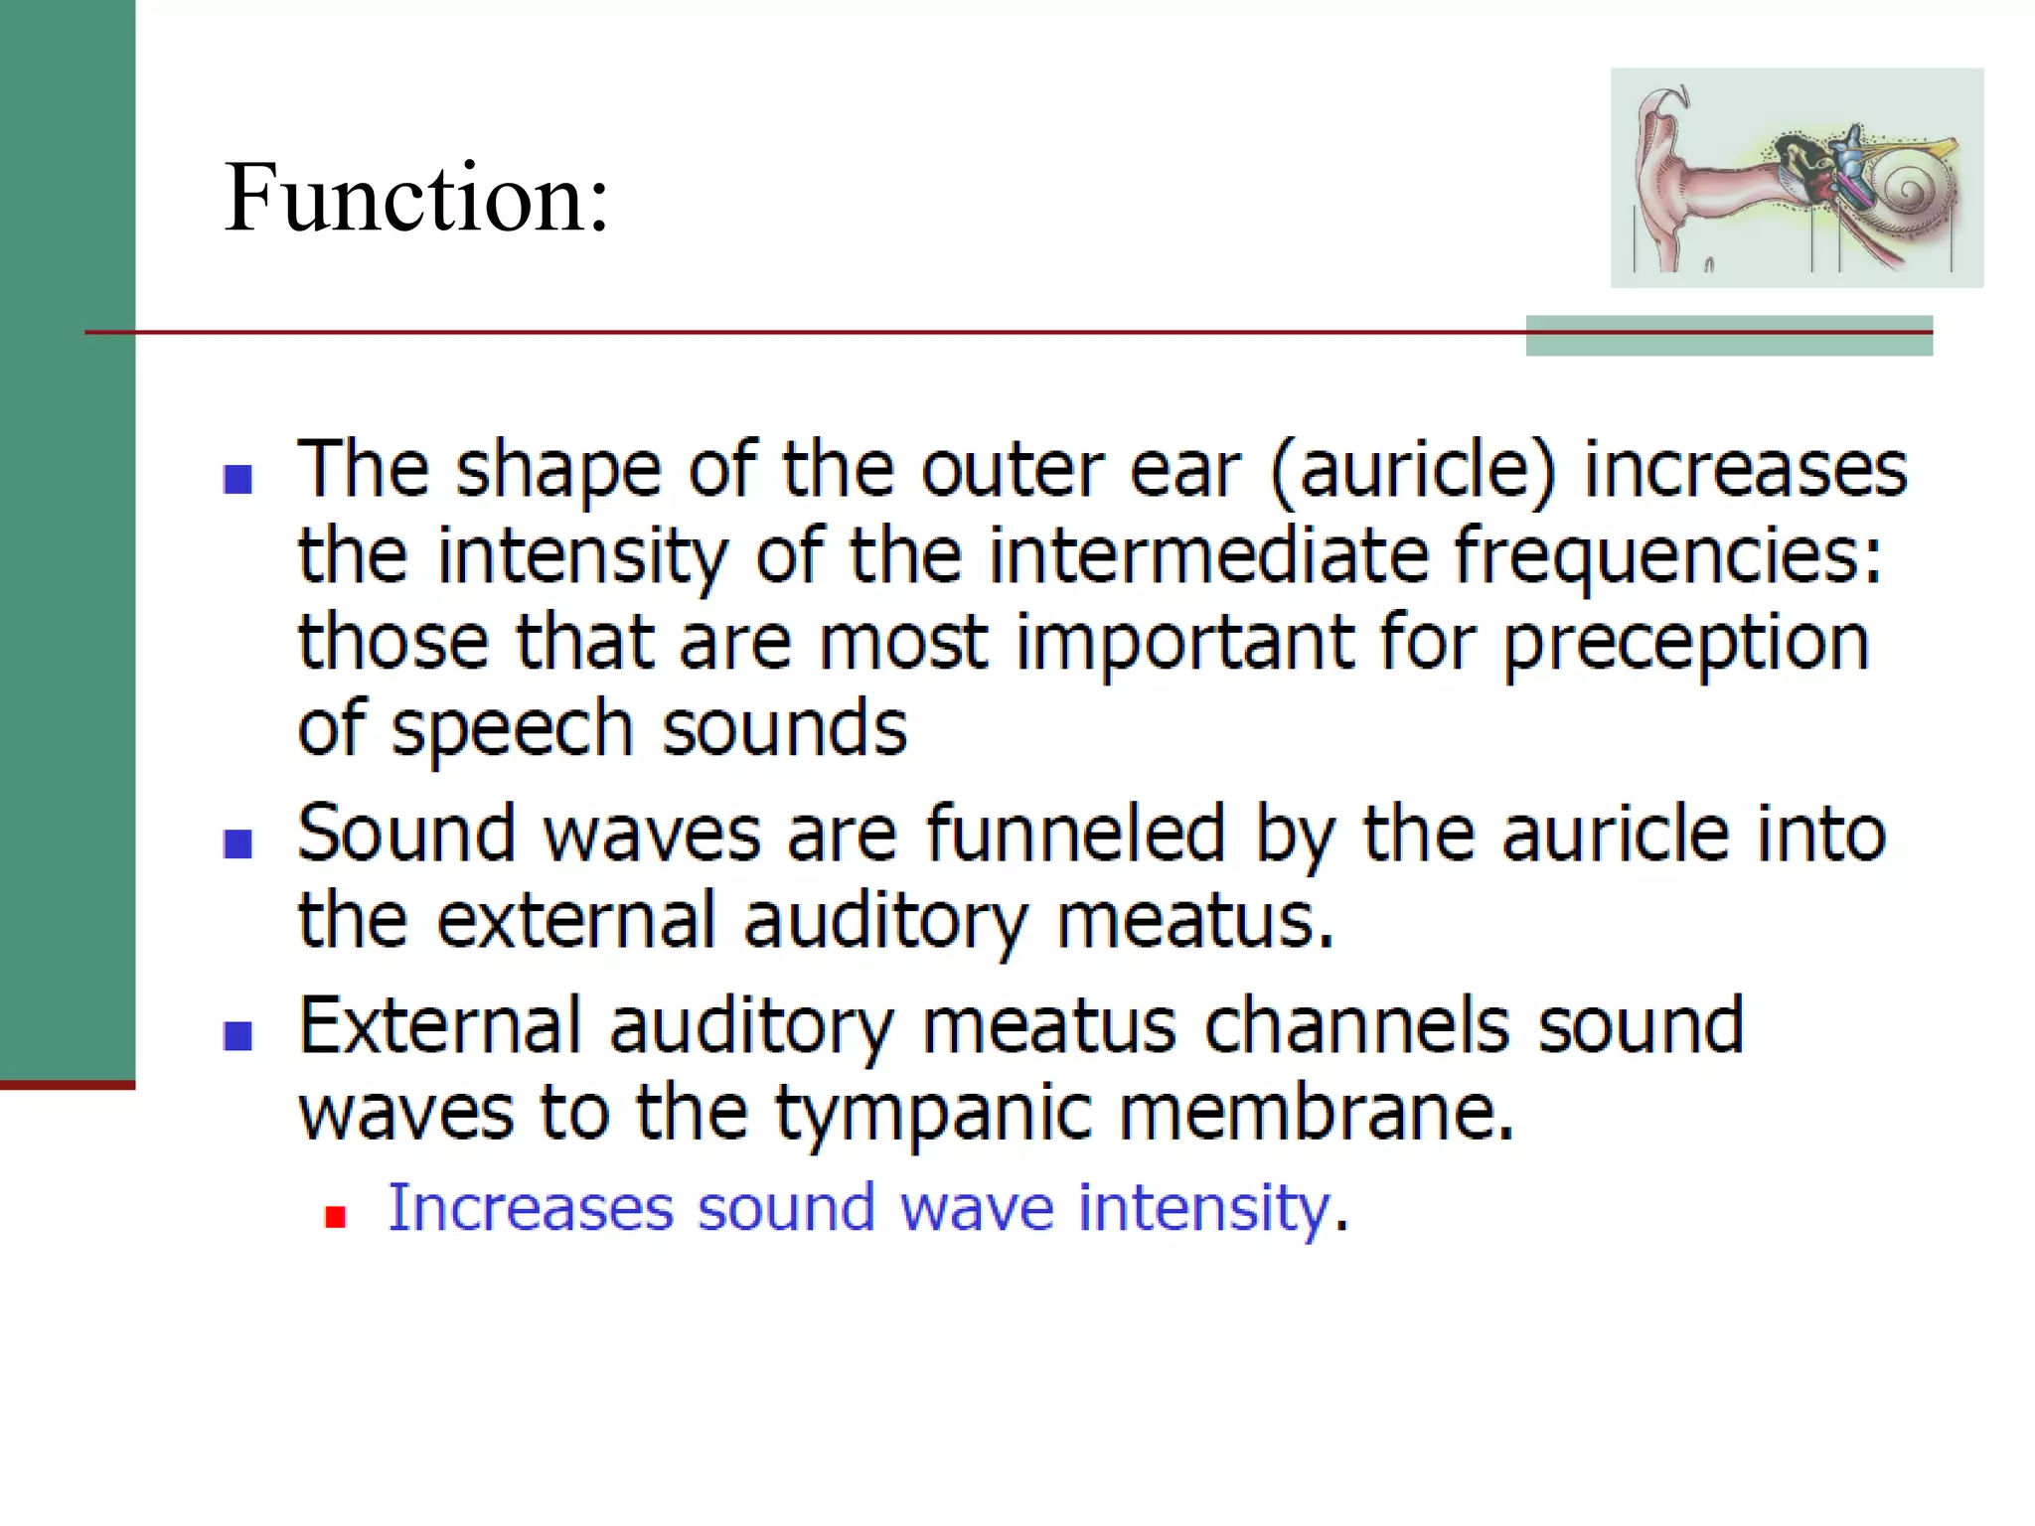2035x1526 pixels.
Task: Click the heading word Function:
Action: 416,199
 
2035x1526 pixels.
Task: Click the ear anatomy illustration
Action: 1796,178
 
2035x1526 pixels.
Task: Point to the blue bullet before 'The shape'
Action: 238,479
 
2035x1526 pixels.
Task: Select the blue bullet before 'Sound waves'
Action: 238,843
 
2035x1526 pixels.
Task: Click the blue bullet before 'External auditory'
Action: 238,1035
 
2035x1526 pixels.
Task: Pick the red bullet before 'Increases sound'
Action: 336,1217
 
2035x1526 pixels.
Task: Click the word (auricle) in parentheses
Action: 1412,470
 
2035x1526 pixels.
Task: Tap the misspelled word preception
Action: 1685,644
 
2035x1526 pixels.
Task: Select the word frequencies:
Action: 1667,556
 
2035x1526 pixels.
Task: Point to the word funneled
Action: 1075,835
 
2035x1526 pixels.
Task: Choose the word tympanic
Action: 934,1114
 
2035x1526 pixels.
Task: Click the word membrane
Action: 1316,1112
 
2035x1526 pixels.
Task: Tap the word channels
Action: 1357,1025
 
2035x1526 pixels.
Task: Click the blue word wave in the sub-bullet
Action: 976,1209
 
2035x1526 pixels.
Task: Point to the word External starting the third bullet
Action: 440,1025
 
